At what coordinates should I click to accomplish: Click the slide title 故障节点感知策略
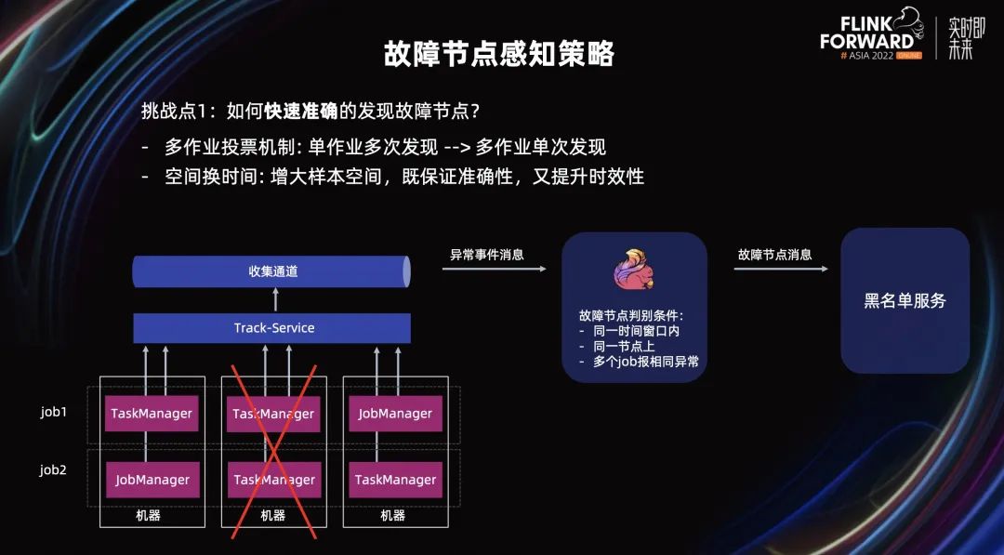tap(499, 54)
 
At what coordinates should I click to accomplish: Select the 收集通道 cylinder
tap(271, 271)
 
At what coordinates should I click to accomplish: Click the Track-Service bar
tap(272, 328)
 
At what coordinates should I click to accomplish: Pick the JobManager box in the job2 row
tap(152, 480)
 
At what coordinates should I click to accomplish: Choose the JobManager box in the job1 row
tap(395, 414)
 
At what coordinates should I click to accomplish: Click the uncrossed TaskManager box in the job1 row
tap(152, 414)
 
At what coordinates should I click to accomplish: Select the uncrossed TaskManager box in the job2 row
tap(395, 480)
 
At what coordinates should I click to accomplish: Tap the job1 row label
tap(54, 409)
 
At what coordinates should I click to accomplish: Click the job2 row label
tap(54, 469)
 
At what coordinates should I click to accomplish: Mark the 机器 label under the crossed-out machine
tap(272, 515)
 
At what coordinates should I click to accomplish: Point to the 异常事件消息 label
tap(487, 254)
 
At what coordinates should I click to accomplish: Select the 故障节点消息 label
tap(774, 254)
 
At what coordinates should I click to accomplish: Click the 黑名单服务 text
tap(905, 300)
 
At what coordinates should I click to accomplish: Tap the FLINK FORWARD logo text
tap(866, 33)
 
